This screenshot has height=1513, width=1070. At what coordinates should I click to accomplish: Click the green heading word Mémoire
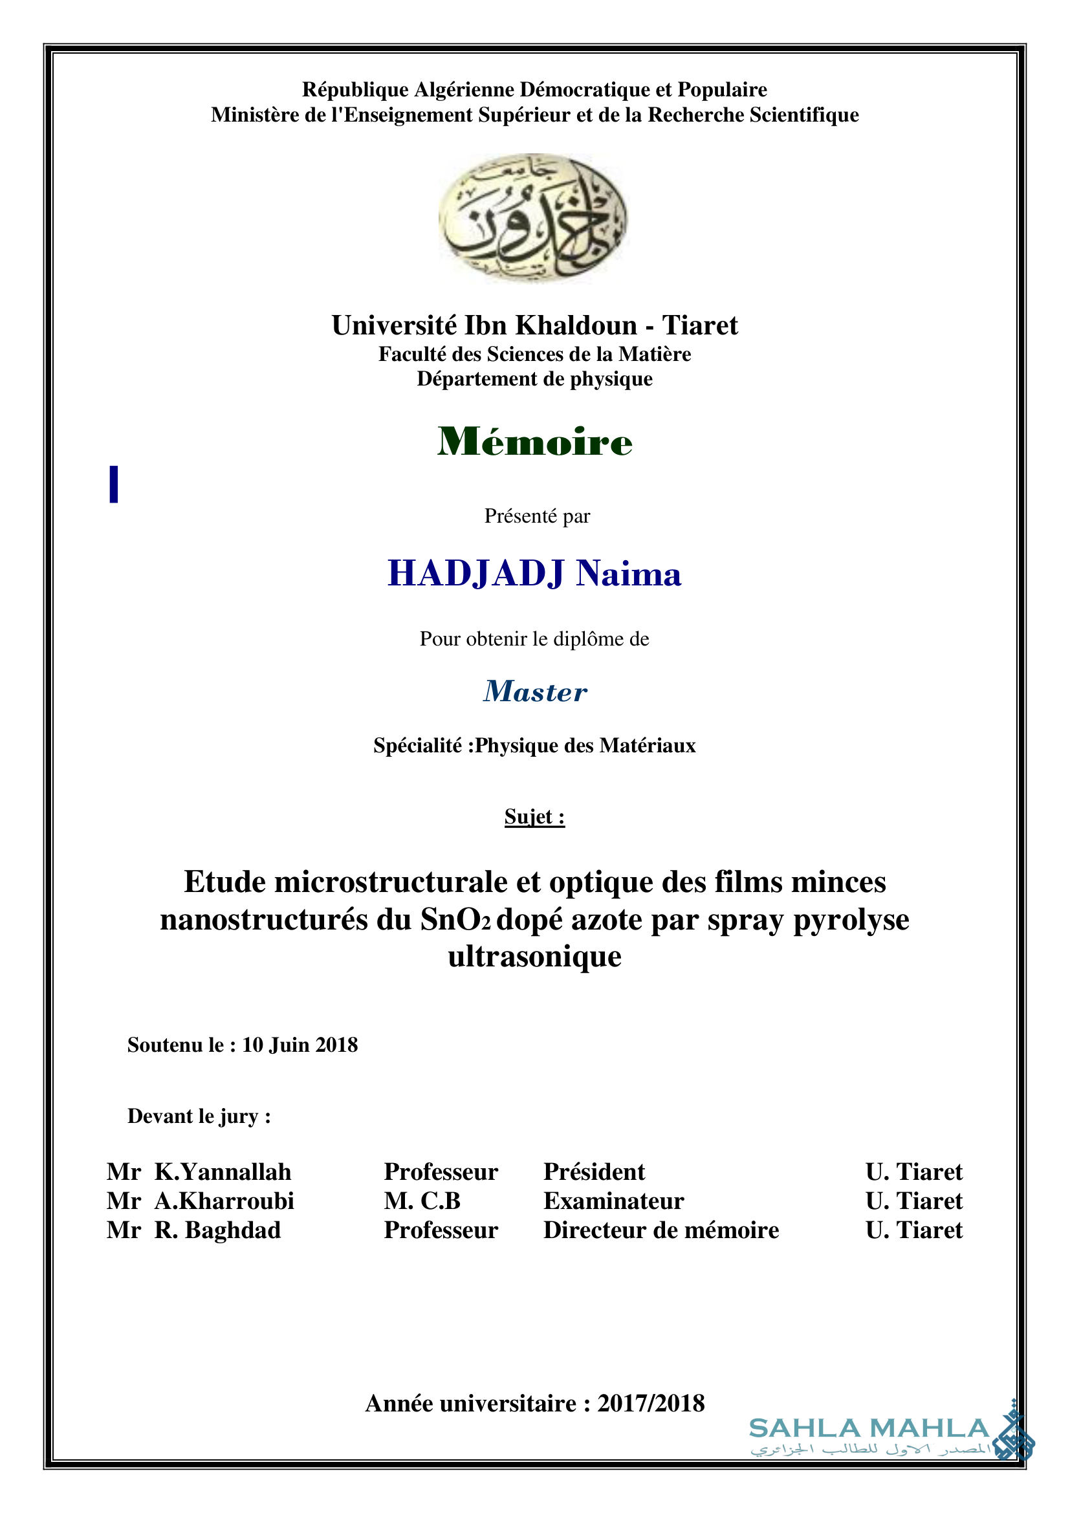click(x=534, y=442)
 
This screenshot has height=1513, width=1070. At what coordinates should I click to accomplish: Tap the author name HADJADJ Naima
click(x=534, y=573)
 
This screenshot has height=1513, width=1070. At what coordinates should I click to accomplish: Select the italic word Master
click(x=535, y=691)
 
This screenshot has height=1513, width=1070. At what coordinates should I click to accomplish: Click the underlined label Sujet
click(x=534, y=816)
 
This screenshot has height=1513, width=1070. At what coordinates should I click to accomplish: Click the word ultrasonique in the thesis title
click(x=534, y=956)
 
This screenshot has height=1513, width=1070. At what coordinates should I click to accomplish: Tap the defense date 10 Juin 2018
click(x=300, y=1045)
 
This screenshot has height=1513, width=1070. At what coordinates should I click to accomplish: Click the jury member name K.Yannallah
click(x=223, y=1171)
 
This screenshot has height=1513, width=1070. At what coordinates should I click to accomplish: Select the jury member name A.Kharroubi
click(x=224, y=1201)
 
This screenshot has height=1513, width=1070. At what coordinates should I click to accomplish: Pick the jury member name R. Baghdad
click(x=217, y=1230)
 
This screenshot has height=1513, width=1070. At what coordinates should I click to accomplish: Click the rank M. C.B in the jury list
click(x=422, y=1201)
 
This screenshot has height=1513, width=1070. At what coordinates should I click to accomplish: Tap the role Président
click(x=595, y=1171)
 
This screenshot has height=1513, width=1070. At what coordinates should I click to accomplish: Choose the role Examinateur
click(x=613, y=1201)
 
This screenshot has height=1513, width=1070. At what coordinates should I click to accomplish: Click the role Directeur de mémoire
click(x=661, y=1230)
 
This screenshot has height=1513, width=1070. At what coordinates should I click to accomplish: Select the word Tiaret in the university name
click(x=700, y=325)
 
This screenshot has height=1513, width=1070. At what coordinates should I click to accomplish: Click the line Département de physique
click(x=534, y=379)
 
